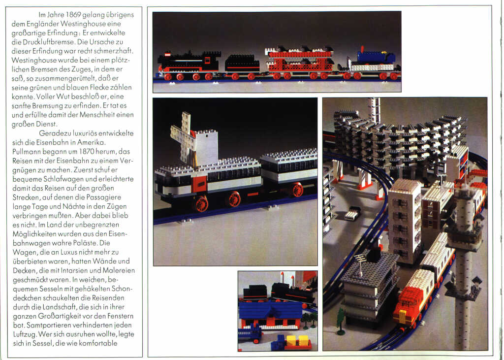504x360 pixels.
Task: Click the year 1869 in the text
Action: (73, 15)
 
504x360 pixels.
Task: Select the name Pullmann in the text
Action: (27, 152)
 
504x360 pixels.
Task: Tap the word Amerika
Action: (91, 142)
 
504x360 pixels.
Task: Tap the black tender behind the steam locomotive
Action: (242, 64)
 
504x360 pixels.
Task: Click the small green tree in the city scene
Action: (341, 317)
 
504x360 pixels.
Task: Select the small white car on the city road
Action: (352, 213)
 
